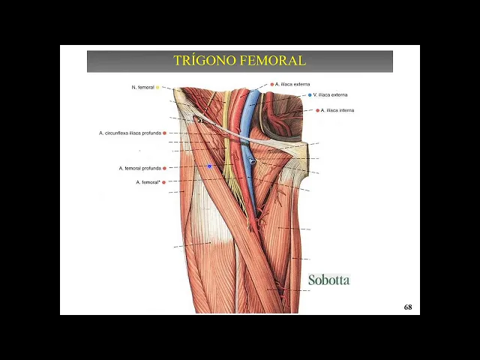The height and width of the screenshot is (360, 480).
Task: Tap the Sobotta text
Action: (328, 280)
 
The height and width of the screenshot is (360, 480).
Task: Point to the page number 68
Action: (408, 307)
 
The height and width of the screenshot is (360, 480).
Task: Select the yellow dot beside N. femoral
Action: (157, 88)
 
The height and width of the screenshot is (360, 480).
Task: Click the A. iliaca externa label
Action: (292, 85)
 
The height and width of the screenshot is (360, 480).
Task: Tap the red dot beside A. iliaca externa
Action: (272, 85)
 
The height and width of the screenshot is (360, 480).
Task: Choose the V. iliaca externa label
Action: (330, 95)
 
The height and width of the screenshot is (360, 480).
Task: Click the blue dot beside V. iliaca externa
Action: (310, 95)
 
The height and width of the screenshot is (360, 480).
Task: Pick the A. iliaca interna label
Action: (337, 110)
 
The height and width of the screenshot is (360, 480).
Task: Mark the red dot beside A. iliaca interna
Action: (318, 110)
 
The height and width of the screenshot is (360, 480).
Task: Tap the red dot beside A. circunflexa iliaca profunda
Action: (164, 133)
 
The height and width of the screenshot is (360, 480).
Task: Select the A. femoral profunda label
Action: (139, 168)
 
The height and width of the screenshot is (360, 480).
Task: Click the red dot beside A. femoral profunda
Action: (164, 168)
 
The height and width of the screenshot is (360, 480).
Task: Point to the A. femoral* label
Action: (148, 182)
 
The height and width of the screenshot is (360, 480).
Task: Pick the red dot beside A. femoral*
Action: (163, 182)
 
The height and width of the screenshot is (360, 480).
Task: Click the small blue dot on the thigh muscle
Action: (210, 166)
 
